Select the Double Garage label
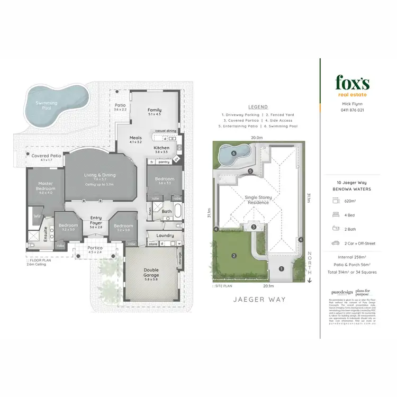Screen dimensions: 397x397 click(x=151, y=273)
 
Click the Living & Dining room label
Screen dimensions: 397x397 click(x=100, y=176)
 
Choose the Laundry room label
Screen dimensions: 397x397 click(x=166, y=235)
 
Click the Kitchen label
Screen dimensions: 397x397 click(x=161, y=148)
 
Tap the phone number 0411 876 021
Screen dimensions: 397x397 click(x=351, y=110)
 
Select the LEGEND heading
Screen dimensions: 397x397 click(x=257, y=107)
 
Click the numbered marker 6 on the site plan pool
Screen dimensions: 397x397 click(x=233, y=154)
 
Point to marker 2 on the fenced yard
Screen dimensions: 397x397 click(x=233, y=256)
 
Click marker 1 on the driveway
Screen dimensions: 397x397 click(x=281, y=268)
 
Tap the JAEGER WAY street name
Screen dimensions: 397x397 click(x=259, y=299)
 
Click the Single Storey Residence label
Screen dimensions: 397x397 click(x=258, y=200)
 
